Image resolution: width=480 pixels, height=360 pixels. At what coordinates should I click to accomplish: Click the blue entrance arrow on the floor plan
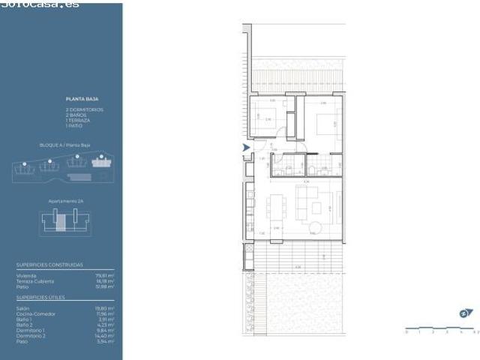coord(246,148)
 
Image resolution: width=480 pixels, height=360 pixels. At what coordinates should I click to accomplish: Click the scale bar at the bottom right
coord(441,330)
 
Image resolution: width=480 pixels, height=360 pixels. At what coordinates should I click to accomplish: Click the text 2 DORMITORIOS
coord(84,109)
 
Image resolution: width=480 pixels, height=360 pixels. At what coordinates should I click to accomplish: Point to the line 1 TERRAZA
coord(78,120)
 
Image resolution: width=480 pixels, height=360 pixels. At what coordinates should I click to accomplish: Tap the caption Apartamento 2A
coord(64,201)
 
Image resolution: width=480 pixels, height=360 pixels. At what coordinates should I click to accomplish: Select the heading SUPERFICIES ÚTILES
coord(40,297)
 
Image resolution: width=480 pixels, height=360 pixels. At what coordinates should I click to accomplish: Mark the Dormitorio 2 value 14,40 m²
coord(106,335)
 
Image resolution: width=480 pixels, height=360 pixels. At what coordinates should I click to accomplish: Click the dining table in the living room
coord(277,206)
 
